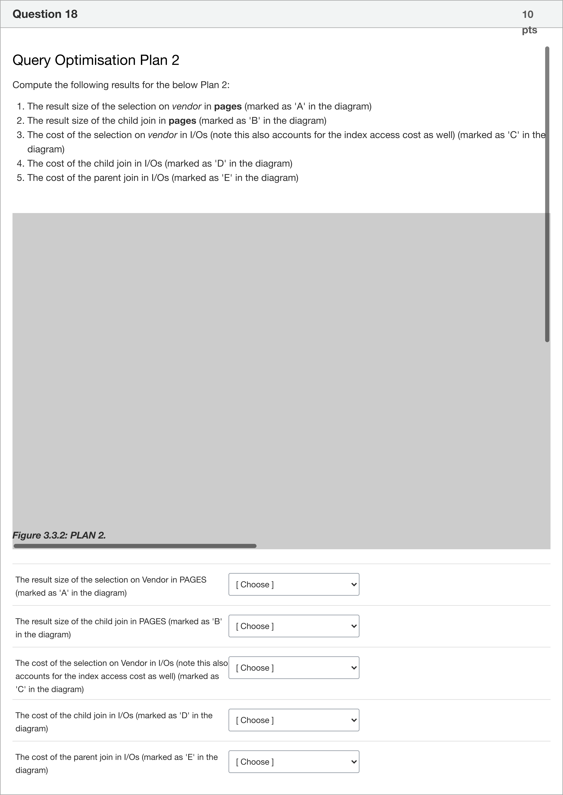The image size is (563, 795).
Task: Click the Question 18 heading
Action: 45,14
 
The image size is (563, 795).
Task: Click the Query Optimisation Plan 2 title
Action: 96,60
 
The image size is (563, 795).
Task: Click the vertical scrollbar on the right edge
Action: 547,194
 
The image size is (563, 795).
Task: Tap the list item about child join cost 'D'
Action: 159,164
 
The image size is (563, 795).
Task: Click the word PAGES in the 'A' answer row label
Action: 193,580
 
